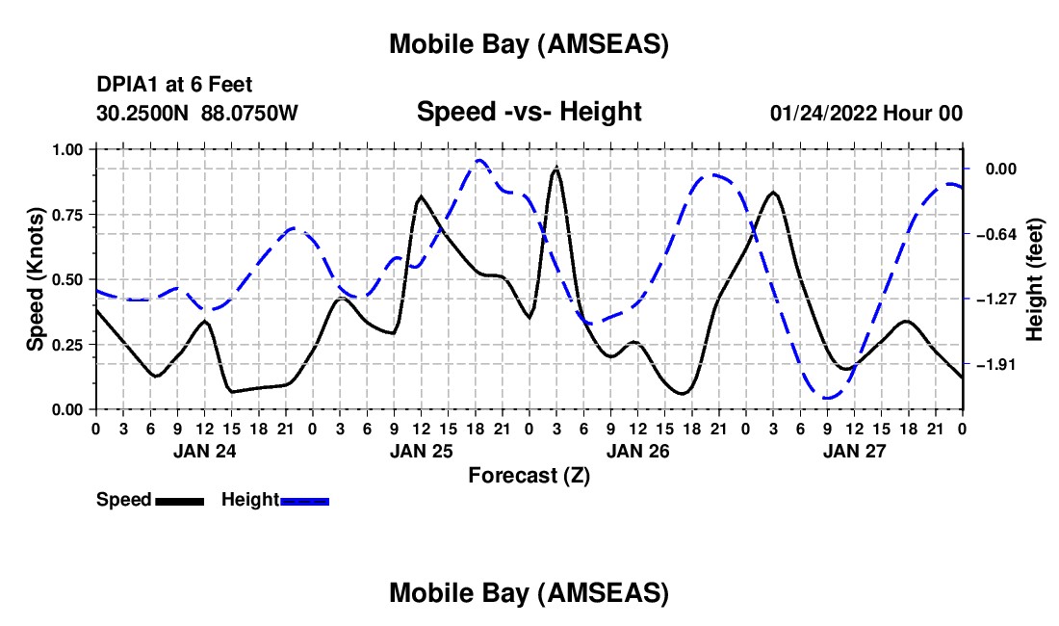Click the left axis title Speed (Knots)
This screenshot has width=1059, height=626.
pos(35,279)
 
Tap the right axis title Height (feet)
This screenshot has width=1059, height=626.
pos(1035,279)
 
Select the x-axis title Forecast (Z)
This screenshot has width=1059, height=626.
pos(529,475)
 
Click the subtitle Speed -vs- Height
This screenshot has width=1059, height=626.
pos(529,113)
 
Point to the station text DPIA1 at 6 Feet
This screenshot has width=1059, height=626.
pos(174,86)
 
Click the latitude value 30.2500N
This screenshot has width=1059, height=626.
pos(144,114)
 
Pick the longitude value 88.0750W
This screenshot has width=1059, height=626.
pos(250,114)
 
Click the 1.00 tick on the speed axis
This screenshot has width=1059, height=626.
pos(67,149)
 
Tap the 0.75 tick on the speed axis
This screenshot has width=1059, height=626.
pos(67,214)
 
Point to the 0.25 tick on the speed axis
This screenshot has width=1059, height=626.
pos(67,344)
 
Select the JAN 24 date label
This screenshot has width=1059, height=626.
pos(203,450)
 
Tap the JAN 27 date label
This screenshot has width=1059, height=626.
pos(854,450)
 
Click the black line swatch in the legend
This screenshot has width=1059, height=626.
pos(179,500)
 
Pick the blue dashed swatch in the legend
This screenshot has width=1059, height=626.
pos(305,500)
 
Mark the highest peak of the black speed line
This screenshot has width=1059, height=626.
pos(556,169)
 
